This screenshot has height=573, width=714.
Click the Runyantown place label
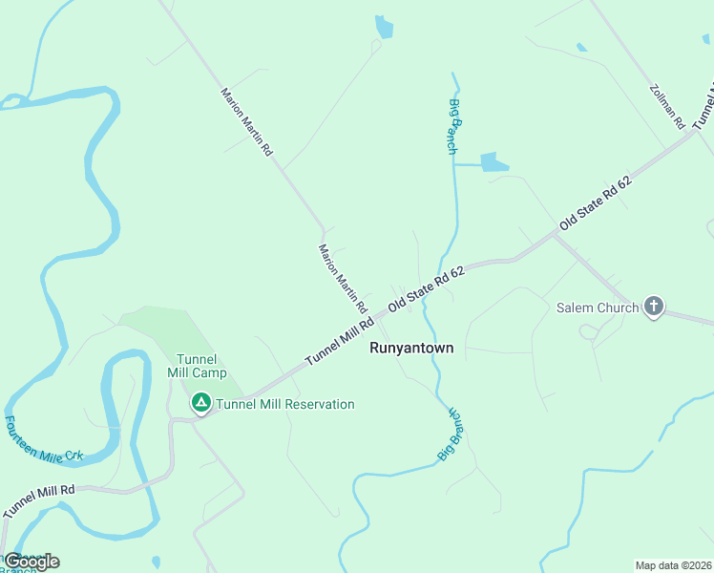[411, 349]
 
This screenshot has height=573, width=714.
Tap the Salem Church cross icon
[654, 307]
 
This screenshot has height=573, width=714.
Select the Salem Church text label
[598, 308]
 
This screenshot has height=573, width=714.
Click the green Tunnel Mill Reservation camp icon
[201, 404]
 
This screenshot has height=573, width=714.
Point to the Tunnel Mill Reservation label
[285, 404]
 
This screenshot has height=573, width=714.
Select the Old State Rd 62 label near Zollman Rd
[598, 202]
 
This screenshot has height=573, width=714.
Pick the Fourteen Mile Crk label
[45, 440]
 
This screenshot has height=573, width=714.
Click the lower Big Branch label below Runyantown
[450, 435]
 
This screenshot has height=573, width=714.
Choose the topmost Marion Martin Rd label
[247, 122]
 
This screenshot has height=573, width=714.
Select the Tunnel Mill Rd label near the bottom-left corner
[38, 501]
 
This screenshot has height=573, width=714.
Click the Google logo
[31, 561]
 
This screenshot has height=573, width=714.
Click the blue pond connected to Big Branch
[494, 162]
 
